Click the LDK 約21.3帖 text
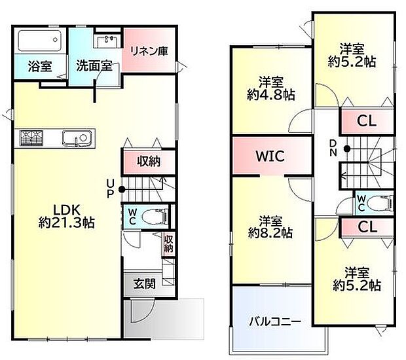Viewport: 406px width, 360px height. (65, 216)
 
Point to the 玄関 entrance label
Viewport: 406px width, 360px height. (144, 283)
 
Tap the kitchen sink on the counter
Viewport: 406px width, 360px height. (77, 139)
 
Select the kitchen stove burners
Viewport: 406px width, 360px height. (30, 139)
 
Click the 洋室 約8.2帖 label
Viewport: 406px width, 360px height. (270, 226)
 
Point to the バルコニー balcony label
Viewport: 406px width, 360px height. (274, 321)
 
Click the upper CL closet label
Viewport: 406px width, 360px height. (366, 121)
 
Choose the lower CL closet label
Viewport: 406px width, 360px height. (366, 228)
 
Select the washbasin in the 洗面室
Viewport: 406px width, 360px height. (107, 41)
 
